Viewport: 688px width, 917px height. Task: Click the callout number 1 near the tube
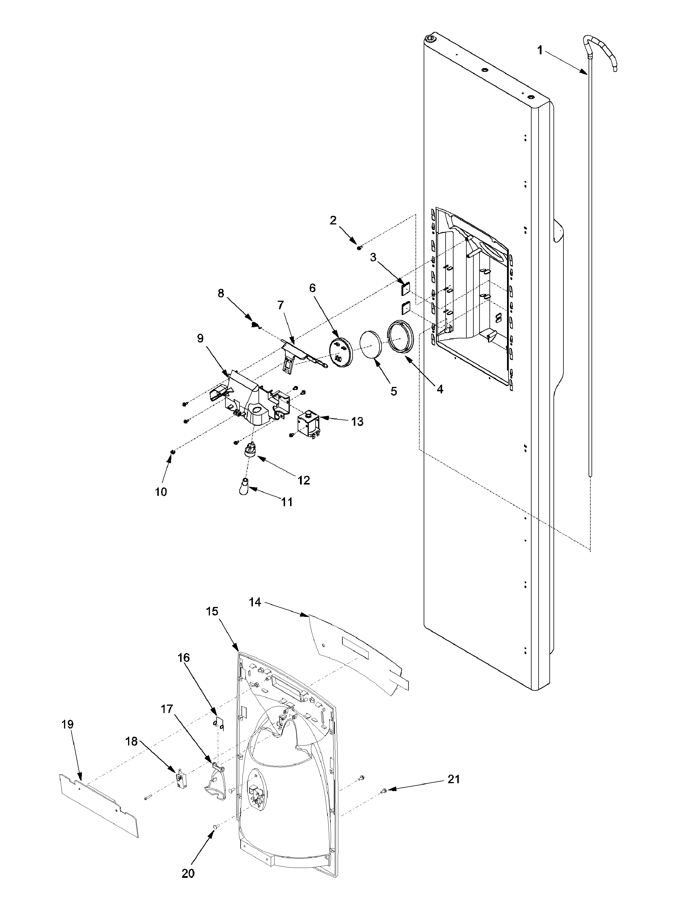[539, 51]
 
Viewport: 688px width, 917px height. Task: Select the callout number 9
[200, 339]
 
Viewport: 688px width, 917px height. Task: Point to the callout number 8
[221, 293]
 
